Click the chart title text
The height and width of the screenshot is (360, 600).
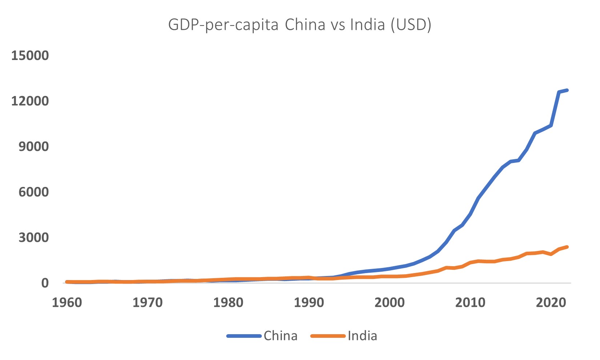click(300, 25)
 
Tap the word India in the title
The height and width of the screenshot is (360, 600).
click(367, 25)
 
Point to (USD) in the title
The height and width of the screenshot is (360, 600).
click(411, 25)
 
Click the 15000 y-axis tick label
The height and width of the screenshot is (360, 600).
click(30, 56)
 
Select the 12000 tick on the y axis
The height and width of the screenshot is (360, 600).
click(30, 101)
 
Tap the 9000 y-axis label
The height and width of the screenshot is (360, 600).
click(33, 147)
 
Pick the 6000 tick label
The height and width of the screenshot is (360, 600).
click(33, 192)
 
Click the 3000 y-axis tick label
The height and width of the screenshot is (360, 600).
click(33, 237)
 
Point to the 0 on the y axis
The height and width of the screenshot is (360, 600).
click(45, 283)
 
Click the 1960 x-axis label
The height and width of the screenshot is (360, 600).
click(67, 303)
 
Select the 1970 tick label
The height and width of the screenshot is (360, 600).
click(148, 303)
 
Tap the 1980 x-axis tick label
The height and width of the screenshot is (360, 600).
click(228, 303)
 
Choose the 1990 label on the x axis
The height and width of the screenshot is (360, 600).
click(309, 303)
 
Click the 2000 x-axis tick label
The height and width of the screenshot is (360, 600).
click(389, 303)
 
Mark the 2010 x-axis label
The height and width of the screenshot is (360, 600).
click(470, 303)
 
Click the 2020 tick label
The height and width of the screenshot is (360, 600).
click(551, 303)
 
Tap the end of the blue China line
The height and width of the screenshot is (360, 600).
click(567, 90)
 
